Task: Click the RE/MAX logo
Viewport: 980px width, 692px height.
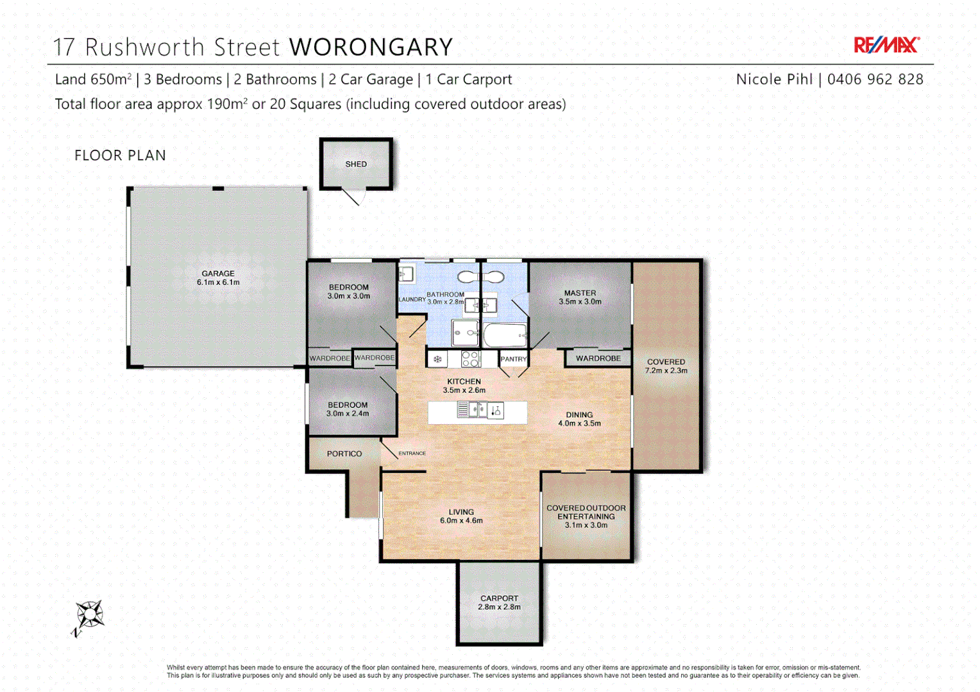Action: (x=886, y=45)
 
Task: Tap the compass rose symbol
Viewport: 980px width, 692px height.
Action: (x=89, y=616)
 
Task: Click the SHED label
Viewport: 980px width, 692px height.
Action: (x=356, y=164)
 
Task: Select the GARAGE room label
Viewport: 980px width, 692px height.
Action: (x=218, y=274)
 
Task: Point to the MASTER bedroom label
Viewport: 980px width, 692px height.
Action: (x=580, y=293)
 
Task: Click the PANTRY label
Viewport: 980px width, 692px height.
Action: (x=513, y=359)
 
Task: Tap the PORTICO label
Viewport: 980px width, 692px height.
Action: (x=344, y=454)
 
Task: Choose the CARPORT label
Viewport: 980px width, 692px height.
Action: (x=499, y=598)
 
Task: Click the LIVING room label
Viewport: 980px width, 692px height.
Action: (x=461, y=512)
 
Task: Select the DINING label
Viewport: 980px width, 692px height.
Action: (x=579, y=415)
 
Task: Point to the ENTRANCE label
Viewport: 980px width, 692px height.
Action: (x=412, y=454)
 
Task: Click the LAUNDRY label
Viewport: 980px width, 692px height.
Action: (x=412, y=299)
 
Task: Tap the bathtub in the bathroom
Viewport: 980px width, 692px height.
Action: (x=505, y=335)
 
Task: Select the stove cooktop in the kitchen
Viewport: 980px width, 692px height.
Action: (x=471, y=359)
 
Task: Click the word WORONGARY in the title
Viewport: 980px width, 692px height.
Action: (x=371, y=47)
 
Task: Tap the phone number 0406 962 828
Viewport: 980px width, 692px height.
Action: (x=875, y=79)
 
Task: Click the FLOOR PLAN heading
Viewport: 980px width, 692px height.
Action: (x=120, y=156)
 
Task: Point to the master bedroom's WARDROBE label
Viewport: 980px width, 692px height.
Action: (x=598, y=358)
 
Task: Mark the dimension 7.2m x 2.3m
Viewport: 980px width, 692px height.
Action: (x=666, y=371)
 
